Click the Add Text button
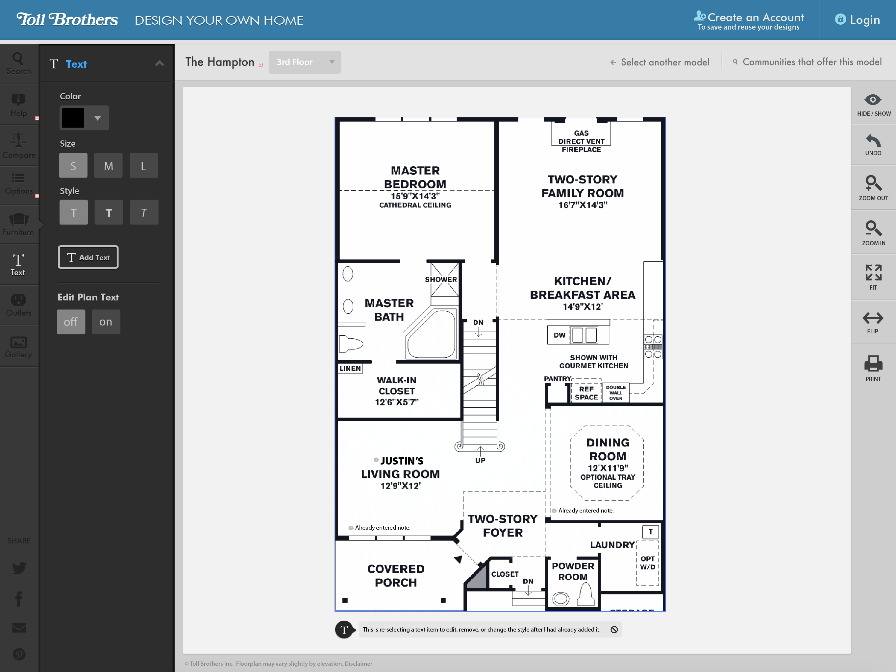pos(88,257)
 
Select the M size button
pos(108,166)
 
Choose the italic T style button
pos(144,212)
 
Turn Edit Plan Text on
pos(106,322)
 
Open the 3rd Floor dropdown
pos(305,62)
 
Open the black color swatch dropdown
pos(84,118)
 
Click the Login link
pos(858,20)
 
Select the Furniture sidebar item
pos(19,224)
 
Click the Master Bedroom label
pos(415,177)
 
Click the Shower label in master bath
pos(441,279)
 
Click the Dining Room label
pos(608,449)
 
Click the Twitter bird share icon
pos(19,567)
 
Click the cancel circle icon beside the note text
pos(614,630)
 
